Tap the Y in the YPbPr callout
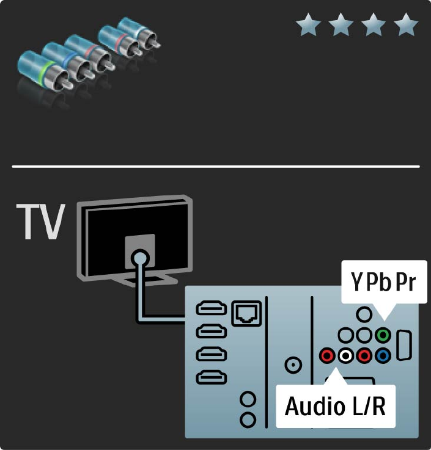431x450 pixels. (358, 283)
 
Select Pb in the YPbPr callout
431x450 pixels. (379, 283)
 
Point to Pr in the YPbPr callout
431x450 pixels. (407, 283)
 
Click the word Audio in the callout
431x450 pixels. (315, 406)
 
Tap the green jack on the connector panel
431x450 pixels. (383, 335)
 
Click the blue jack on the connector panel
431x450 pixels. (383, 355)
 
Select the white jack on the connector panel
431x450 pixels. (347, 355)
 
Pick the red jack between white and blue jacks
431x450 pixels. (365, 355)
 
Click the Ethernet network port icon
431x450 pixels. (245, 313)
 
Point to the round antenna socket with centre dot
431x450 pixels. (294, 365)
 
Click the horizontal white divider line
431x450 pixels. (215, 166)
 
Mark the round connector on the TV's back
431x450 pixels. (141, 258)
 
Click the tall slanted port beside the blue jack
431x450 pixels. (404, 346)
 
